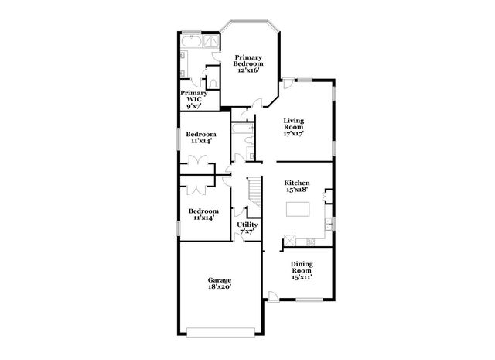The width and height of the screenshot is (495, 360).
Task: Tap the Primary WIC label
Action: click(x=193, y=98)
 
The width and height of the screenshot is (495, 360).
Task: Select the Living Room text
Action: click(x=293, y=126)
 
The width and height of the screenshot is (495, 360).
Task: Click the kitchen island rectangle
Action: click(x=299, y=209)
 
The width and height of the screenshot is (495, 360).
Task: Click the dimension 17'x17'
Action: click(x=293, y=133)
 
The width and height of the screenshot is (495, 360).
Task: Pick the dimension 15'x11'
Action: click(x=302, y=277)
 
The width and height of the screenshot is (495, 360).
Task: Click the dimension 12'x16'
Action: click(x=249, y=70)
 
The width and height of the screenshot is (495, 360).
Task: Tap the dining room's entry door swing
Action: click(x=274, y=296)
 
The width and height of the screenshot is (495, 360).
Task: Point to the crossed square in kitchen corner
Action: click(x=288, y=240)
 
